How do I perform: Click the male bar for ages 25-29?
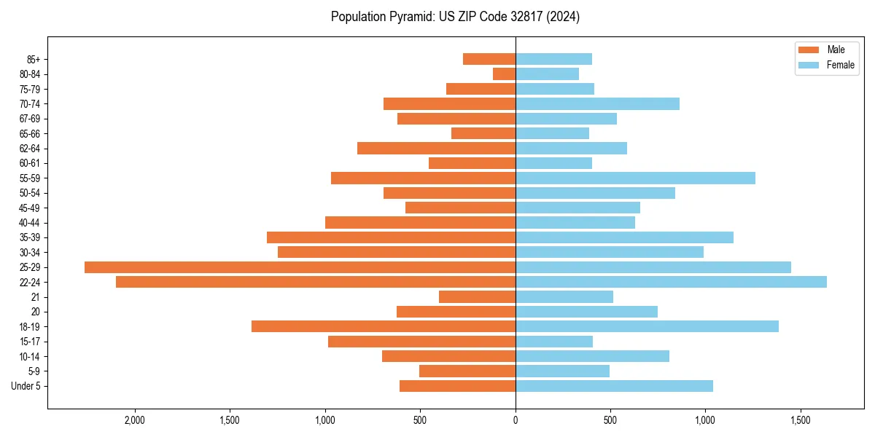[x=300, y=267]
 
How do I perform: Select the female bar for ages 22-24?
[x=671, y=282]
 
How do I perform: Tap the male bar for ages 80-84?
[x=504, y=74]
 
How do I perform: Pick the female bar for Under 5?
[x=614, y=386]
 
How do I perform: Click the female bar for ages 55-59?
[x=635, y=178]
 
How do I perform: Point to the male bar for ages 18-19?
[x=384, y=326]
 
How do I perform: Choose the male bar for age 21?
[x=477, y=297]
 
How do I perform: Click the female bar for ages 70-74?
[x=597, y=103]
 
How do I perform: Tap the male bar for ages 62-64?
[x=436, y=148]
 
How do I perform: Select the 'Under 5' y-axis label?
[x=26, y=386]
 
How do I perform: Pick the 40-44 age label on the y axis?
[x=30, y=223]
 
